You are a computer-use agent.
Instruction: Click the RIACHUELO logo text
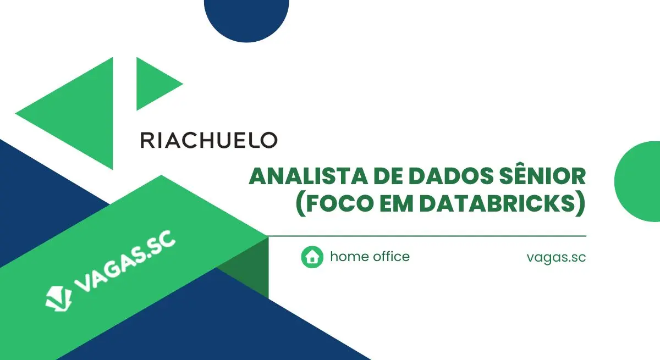[x=209, y=140]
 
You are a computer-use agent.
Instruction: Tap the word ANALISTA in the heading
[x=308, y=176]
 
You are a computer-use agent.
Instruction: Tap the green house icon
[x=312, y=257]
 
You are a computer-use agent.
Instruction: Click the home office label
[x=370, y=256]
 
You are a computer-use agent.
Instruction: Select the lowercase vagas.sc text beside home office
[x=556, y=258]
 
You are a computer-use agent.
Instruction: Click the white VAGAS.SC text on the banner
[x=124, y=261]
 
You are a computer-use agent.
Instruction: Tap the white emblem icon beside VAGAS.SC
[x=59, y=298]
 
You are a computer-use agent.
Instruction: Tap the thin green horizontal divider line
[x=427, y=236]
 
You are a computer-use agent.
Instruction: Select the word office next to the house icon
[x=391, y=256]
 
